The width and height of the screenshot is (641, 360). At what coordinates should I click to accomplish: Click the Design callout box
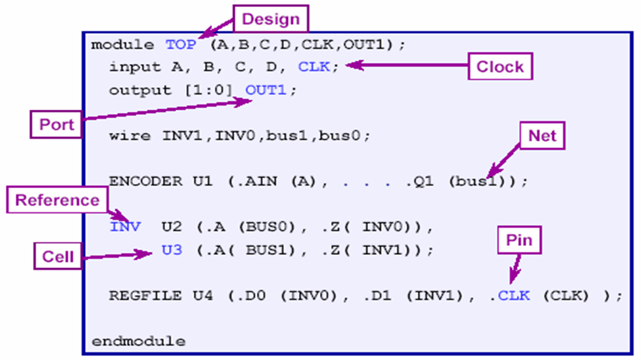271,18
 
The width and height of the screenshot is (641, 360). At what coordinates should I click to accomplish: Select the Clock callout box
500,66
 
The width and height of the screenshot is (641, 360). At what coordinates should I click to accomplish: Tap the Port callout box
57,124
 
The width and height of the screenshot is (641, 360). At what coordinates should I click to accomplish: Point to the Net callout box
542,136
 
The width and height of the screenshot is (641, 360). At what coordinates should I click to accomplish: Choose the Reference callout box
57,200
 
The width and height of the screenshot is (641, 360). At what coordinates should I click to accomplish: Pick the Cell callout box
57,257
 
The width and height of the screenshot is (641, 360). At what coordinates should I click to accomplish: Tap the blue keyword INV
125,228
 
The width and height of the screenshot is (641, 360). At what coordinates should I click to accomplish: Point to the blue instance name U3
172,250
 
